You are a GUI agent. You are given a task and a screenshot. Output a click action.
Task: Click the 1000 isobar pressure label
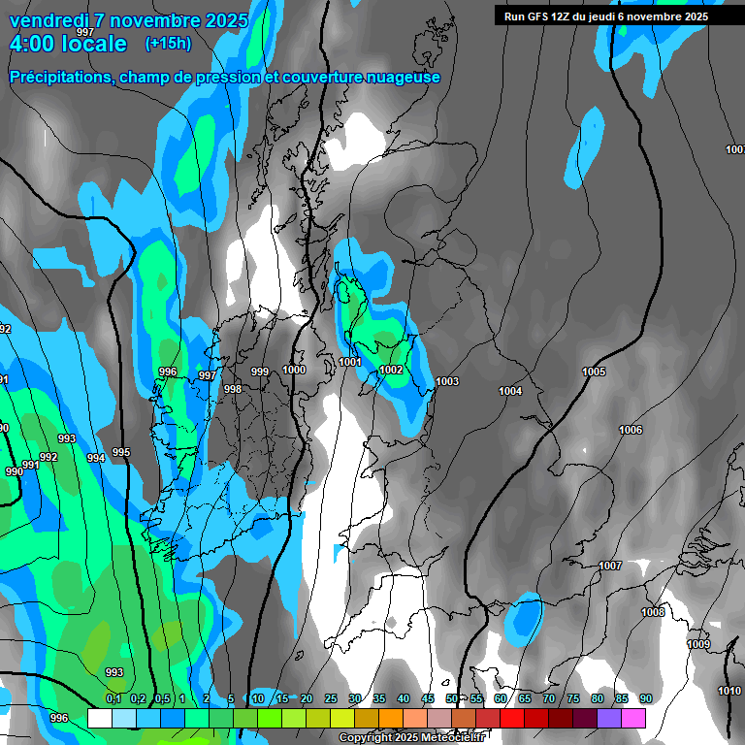294,370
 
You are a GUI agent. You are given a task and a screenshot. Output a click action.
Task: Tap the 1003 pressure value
447,381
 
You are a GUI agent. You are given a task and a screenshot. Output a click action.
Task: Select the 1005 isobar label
594,372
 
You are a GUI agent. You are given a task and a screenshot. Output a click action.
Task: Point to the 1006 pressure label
631,430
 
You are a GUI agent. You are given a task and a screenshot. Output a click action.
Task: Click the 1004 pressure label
510,391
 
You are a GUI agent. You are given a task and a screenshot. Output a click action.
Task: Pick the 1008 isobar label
653,612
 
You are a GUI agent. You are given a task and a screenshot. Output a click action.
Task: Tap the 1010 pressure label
729,691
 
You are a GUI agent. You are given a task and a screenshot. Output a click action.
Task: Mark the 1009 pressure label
698,644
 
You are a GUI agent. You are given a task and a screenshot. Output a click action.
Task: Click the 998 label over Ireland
233,389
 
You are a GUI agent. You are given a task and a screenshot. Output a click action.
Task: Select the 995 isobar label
121,452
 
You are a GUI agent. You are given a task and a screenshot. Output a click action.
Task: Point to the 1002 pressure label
391,370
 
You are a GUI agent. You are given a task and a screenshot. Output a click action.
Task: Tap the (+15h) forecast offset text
168,44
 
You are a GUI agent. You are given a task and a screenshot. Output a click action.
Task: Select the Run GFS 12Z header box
606,16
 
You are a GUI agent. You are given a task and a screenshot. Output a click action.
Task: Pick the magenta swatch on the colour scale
633,718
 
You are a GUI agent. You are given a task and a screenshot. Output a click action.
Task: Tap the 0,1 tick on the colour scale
113,699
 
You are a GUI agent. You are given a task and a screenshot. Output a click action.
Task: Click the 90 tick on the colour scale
645,699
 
